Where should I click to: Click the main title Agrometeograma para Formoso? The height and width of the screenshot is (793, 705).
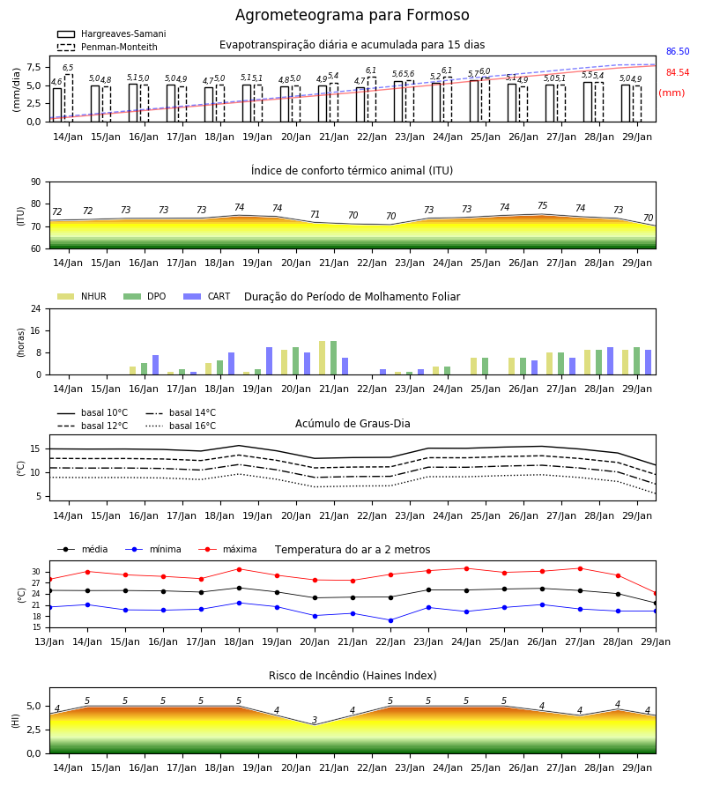[352, 15]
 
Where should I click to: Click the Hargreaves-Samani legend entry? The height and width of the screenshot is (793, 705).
[112, 33]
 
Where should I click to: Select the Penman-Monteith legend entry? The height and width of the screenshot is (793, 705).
[108, 47]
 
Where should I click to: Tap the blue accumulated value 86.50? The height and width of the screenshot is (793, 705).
[678, 52]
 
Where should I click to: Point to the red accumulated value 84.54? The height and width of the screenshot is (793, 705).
[678, 73]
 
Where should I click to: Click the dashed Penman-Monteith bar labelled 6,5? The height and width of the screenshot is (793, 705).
[68, 98]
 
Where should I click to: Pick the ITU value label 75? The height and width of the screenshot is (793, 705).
[542, 206]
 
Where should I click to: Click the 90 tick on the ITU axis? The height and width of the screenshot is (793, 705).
[36, 182]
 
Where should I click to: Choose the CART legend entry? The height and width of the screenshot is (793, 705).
[207, 296]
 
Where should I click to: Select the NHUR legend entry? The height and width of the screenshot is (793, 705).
[82, 296]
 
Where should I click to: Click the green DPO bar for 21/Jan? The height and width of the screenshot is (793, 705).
[334, 358]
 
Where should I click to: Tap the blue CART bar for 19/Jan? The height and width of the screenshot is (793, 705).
[269, 361]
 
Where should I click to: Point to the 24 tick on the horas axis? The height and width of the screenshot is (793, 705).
[36, 308]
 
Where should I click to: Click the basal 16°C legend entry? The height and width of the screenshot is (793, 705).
[181, 426]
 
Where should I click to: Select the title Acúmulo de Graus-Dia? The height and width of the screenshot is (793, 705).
[352, 423]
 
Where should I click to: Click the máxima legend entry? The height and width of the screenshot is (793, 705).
[227, 549]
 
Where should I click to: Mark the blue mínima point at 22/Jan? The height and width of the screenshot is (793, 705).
[391, 620]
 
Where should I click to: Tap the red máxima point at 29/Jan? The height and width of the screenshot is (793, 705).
[656, 593]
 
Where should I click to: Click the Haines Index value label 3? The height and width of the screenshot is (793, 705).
[315, 720]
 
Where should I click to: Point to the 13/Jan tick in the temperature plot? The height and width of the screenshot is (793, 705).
[49, 641]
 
